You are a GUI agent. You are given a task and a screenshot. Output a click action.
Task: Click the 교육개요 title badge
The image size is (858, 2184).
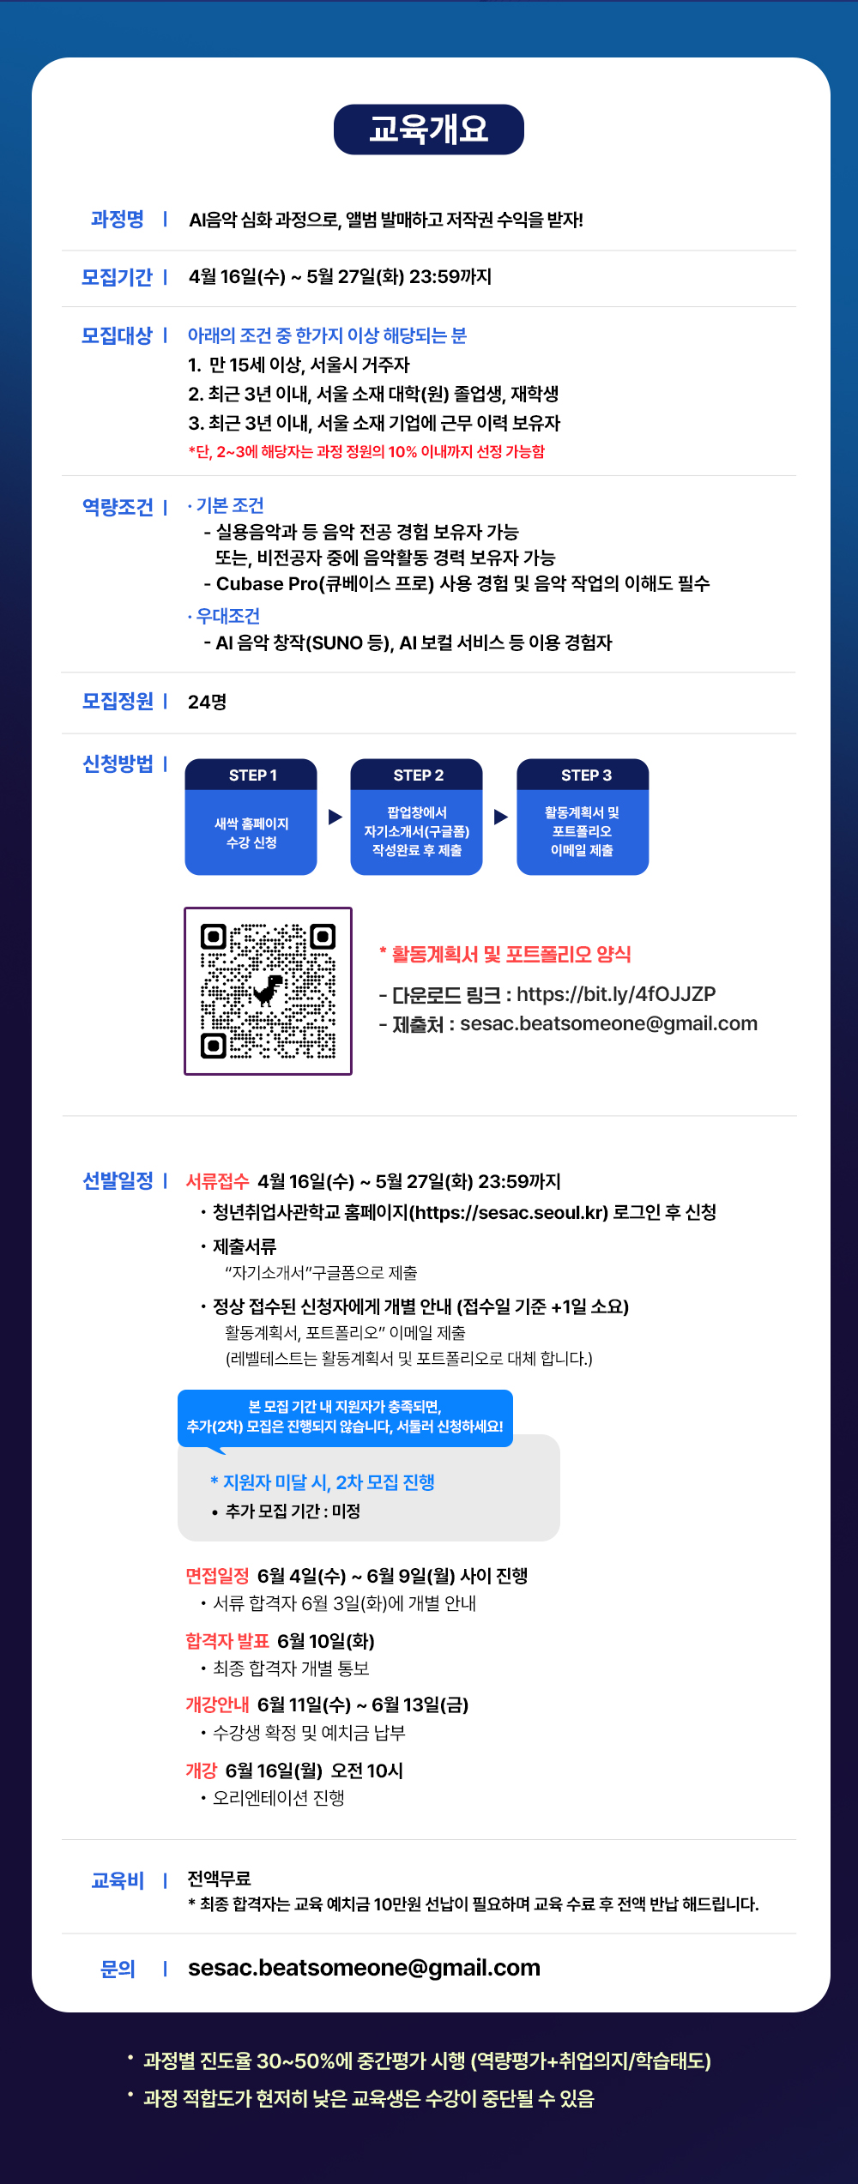coord(428,130)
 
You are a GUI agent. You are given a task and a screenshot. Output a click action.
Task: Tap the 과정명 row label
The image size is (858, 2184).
coord(118,220)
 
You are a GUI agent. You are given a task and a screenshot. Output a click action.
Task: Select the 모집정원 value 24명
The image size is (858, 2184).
coord(208,702)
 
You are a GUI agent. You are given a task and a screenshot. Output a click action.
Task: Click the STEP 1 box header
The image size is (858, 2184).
coord(251,775)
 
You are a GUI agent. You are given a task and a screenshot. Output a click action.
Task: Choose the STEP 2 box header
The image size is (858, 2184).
coord(417,775)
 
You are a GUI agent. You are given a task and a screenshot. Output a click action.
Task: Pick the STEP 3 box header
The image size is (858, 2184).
coord(583,775)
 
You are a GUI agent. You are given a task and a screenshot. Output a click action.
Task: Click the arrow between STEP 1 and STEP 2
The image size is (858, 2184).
coord(335,817)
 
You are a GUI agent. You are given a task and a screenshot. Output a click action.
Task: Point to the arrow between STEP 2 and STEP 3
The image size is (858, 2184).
coord(501,817)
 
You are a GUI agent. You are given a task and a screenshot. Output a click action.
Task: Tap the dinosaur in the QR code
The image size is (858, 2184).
coord(268,990)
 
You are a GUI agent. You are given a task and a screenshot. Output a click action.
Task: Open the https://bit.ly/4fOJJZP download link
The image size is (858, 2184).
coord(616,994)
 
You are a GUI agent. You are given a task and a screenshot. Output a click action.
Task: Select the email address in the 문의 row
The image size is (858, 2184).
coord(365,1967)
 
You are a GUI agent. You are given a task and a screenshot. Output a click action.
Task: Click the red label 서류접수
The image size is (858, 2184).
coord(218,1181)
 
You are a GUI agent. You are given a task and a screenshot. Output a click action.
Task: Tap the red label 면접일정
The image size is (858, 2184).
coord(218,1576)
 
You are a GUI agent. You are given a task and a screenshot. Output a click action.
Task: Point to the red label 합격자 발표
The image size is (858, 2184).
coord(227,1641)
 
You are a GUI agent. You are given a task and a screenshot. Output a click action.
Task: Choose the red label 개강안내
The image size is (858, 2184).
coord(218,1704)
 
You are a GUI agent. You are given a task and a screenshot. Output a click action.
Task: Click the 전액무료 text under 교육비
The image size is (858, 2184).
coord(220,1879)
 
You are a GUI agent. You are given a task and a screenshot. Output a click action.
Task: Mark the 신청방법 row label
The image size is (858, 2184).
coord(118,763)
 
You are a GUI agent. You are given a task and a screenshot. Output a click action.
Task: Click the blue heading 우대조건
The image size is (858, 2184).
coord(227,616)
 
